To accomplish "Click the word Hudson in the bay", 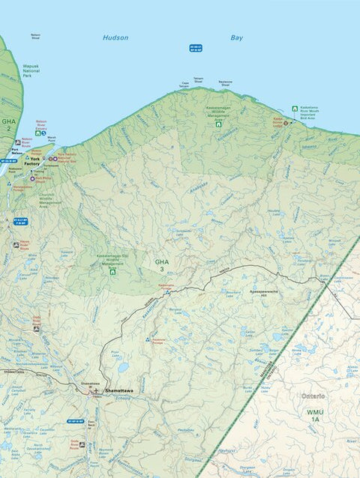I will coord(115,37).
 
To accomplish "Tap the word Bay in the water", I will coord(237,37).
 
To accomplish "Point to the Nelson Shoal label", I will coord(35,35).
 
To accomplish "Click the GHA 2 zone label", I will coord(7,124).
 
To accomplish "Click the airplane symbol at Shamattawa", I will coord(95,390).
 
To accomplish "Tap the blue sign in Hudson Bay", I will coord(196,48).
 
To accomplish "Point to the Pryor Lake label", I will coord(115,351).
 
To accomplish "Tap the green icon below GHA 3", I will coord(113,271).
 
